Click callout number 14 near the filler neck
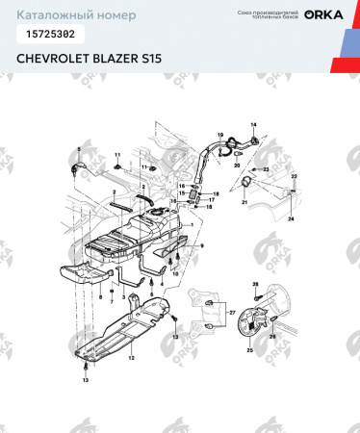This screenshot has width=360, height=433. point(254,126)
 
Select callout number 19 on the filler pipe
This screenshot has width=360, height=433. point(219,134)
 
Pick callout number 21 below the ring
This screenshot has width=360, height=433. point(244,203)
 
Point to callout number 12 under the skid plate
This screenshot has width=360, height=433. point(131,357)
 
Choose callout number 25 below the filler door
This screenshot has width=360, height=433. point(249,351)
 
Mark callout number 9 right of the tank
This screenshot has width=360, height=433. point(202,247)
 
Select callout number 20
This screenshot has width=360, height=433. point(237,165)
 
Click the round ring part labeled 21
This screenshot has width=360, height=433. point(247,182)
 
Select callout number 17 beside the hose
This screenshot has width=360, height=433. point(211,200)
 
